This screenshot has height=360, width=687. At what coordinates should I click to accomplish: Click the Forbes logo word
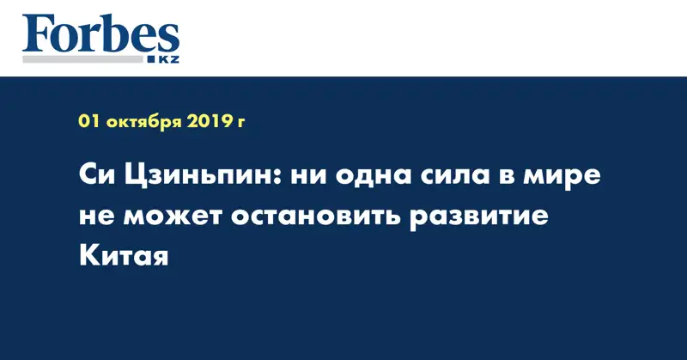coord(100,36)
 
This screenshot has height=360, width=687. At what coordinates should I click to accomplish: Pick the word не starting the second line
coord(94,217)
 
